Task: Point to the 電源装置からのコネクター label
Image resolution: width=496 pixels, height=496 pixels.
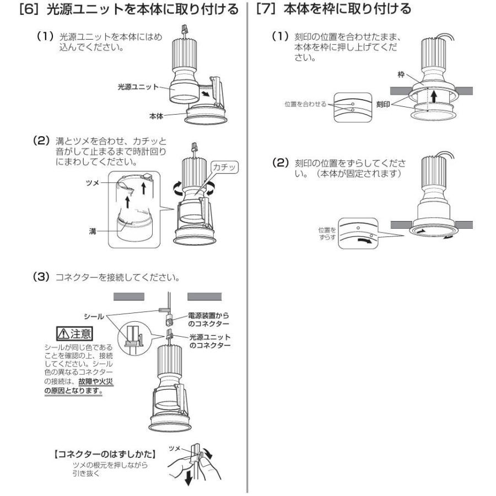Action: tap(208, 319)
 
